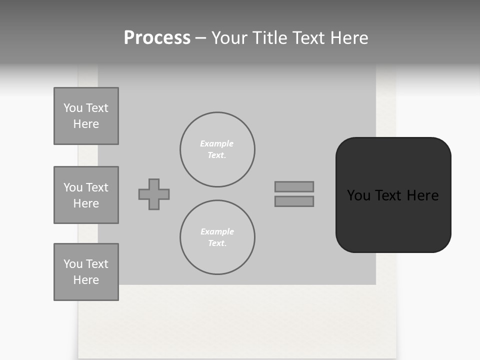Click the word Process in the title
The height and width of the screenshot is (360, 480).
point(157,38)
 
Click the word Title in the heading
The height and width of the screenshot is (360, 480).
point(271,38)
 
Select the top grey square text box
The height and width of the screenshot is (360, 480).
point(86,116)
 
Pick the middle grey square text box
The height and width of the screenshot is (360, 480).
point(86,195)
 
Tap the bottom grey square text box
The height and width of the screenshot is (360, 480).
point(86,272)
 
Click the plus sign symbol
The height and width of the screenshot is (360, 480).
point(154,194)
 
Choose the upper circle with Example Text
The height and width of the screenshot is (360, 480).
point(217,149)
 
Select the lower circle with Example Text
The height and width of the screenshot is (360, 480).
point(217,237)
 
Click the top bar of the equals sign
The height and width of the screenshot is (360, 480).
point(294,186)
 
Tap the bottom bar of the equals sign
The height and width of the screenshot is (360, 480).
point(294,201)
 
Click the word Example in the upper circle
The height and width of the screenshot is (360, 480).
point(216,143)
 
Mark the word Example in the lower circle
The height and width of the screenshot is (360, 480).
point(217,231)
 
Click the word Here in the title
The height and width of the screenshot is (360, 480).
point(348,38)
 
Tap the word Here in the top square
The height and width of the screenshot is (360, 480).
point(86,124)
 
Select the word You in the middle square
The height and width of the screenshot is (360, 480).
point(73,187)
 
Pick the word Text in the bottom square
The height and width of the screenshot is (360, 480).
point(96,264)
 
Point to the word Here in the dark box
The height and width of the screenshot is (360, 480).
point(422,195)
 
